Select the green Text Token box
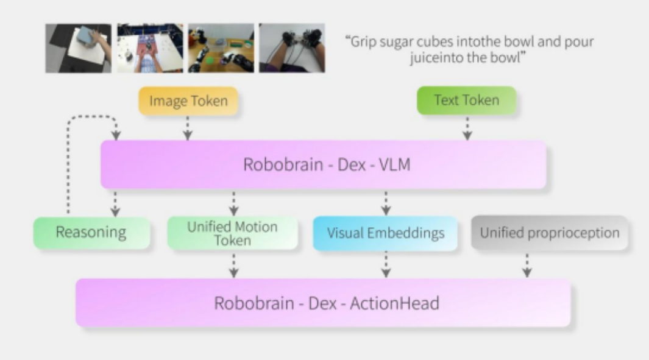click(466, 101)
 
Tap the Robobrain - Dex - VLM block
click(322, 164)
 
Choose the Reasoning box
click(91, 233)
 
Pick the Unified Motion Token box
click(232, 233)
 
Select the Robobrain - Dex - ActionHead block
click(322, 303)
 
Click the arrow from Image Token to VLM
click(188, 129)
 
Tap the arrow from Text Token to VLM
click(467, 129)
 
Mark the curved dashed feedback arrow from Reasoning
click(69, 158)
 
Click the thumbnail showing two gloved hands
click(292, 48)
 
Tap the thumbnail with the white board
click(78, 48)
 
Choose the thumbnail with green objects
click(221, 48)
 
